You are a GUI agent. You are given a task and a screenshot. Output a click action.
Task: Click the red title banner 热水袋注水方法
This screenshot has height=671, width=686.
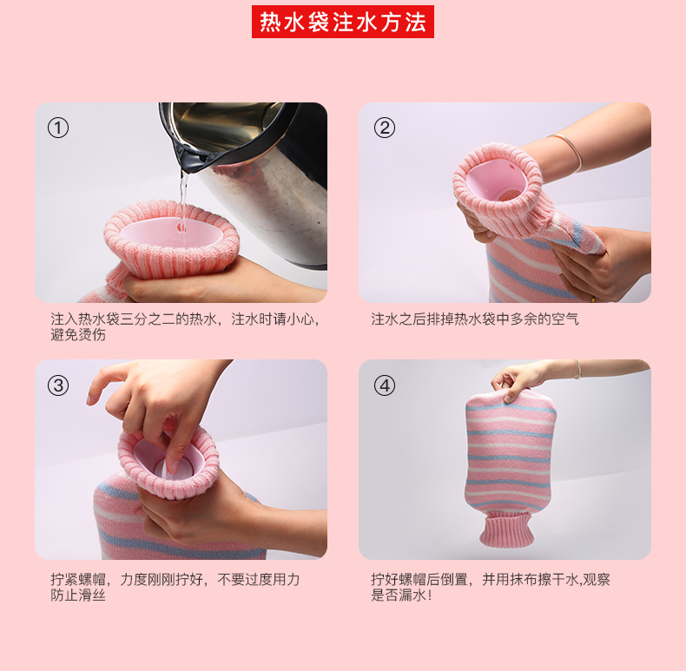pyautogui.click(x=342, y=22)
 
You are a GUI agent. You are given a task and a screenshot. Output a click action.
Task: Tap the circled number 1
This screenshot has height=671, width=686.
pyautogui.click(x=58, y=128)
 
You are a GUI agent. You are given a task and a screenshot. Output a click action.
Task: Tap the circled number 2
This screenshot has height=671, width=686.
pyautogui.click(x=385, y=128)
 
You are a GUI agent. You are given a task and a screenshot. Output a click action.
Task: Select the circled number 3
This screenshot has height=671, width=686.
pyautogui.click(x=58, y=385)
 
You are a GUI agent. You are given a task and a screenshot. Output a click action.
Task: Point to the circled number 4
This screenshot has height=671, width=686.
pyautogui.click(x=385, y=385)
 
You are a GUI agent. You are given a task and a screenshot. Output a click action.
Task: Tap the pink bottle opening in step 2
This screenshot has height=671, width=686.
pyautogui.click(x=496, y=183)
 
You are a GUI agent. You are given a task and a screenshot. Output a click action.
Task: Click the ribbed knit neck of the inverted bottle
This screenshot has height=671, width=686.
pyautogui.click(x=506, y=529)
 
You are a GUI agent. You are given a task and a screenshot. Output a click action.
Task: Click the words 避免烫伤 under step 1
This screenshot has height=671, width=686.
pyautogui.click(x=78, y=335)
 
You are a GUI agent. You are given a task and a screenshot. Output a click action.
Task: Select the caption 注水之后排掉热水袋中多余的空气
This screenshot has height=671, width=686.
pyautogui.click(x=475, y=319)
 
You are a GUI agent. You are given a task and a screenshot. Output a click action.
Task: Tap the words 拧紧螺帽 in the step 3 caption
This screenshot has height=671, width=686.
pyautogui.click(x=78, y=580)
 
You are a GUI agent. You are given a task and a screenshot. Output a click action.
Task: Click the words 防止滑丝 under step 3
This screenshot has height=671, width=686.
pyautogui.click(x=78, y=595)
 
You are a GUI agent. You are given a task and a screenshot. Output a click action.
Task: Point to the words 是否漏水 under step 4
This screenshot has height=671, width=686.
pyautogui.click(x=398, y=595)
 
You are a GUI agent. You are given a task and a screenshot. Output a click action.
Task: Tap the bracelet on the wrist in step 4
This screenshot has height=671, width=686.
pyautogui.click(x=578, y=370)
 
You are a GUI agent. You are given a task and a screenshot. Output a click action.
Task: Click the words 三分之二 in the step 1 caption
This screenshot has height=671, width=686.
pyautogui.click(x=148, y=319)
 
